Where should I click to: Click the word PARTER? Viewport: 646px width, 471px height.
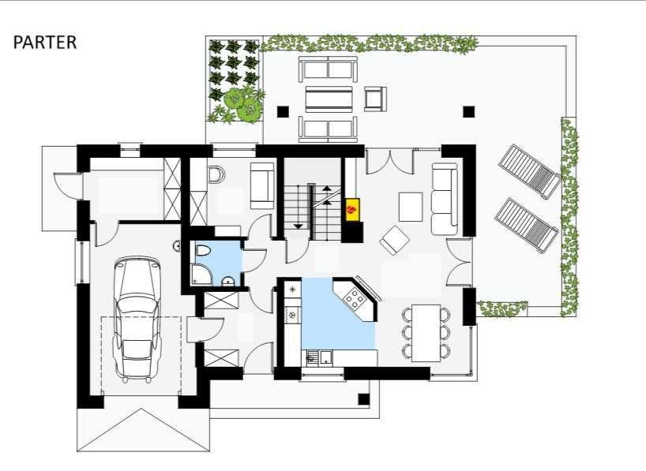click(45, 43)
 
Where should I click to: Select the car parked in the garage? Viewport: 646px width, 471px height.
click(137, 319)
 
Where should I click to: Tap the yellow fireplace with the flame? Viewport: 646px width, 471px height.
click(353, 210)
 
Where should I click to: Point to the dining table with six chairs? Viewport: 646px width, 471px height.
click(426, 333)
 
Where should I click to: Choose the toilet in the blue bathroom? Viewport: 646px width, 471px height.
click(203, 250)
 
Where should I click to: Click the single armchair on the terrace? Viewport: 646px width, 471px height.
click(375, 99)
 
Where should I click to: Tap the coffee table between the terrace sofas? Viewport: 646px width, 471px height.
click(329, 99)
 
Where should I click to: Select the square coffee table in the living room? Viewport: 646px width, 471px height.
click(411, 207)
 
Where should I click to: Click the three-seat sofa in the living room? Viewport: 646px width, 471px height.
click(445, 199)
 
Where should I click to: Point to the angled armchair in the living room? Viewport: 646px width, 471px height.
click(395, 240)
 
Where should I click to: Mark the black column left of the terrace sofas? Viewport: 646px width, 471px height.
click(283, 111)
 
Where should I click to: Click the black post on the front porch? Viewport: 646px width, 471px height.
click(364, 399)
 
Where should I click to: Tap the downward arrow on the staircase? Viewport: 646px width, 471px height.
click(299, 226)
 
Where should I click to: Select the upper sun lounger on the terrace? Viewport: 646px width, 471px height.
click(530, 170)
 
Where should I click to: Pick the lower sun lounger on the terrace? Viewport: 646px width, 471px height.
click(527, 225)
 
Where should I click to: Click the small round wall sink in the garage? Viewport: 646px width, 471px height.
click(177, 246)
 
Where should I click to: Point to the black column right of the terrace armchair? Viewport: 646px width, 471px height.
click(469, 111)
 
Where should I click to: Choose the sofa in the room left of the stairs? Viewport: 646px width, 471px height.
click(262, 185)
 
